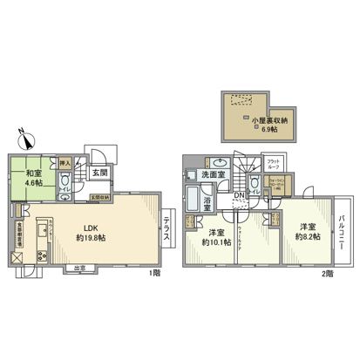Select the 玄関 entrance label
click(102, 173)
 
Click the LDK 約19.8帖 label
click(92, 233)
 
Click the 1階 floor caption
click(154, 273)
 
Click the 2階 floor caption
click(326, 273)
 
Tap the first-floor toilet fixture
click(64, 182)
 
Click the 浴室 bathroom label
click(208, 203)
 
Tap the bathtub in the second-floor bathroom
click(193, 200)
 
